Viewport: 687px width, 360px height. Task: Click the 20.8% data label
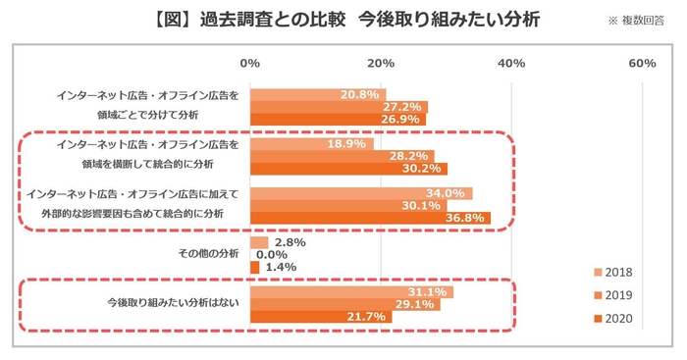point(360,94)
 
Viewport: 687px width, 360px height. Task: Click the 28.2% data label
point(411,156)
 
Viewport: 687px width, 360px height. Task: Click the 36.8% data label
point(467,218)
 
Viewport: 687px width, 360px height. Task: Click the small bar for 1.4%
point(255,267)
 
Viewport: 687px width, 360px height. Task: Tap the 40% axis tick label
point(511,64)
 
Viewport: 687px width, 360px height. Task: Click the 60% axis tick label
point(641,64)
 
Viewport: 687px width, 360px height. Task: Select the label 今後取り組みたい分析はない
point(172,304)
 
